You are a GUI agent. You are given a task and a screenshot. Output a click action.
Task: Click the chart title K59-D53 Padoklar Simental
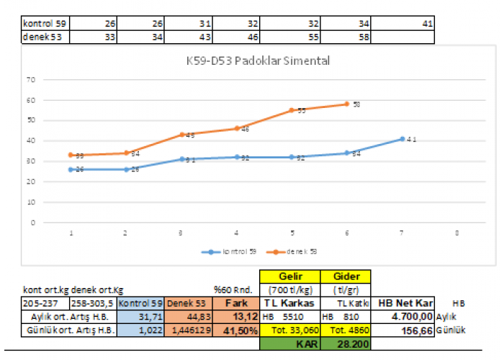click(x=258, y=61)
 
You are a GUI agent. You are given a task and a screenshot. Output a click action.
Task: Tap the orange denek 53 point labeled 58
click(x=347, y=104)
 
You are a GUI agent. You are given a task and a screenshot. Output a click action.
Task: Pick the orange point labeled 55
click(x=292, y=110)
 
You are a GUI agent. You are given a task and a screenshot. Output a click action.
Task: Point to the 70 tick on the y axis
click(x=30, y=78)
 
